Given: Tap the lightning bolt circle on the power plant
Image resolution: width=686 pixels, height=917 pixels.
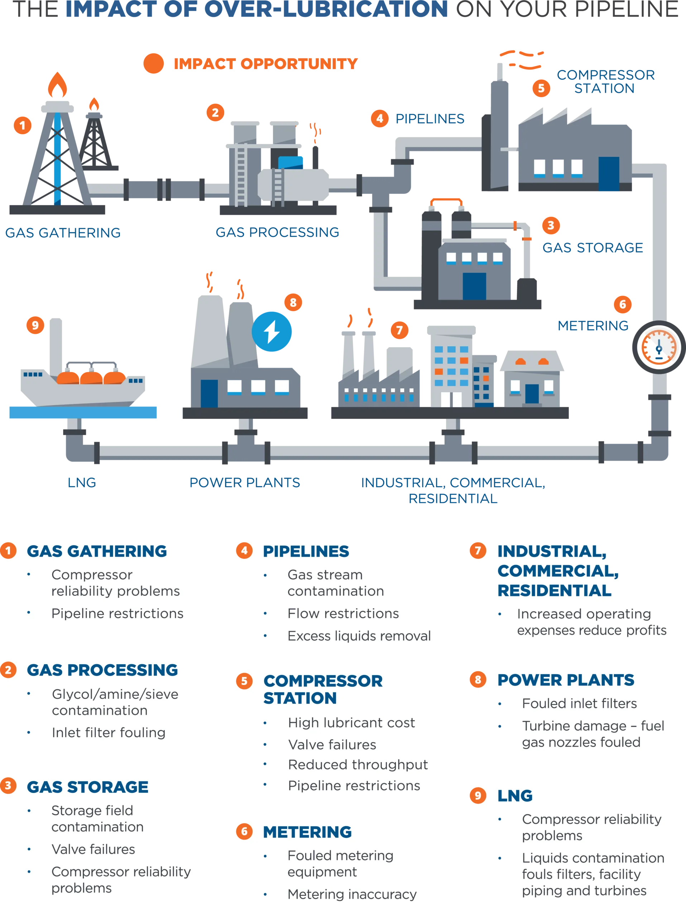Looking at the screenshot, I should point(272,331).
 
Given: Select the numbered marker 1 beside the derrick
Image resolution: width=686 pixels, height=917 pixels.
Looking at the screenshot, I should point(22,125).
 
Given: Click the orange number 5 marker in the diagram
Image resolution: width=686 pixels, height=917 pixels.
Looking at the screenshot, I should point(541,88).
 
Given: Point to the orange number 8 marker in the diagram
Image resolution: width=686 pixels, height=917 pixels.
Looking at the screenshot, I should point(293,302).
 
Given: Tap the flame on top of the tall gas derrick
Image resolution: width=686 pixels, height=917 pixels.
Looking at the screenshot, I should point(57,85).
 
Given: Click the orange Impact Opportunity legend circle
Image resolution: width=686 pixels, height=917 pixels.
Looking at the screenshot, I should point(154,63).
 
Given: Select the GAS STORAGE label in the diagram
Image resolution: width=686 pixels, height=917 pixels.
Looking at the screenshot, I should point(593,248).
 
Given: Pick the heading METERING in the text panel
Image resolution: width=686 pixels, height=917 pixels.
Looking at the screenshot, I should point(307,832).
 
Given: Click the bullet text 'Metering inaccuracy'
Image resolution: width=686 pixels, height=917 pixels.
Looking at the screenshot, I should point(352,894).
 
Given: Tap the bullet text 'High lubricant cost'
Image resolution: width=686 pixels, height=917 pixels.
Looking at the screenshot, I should point(351,722).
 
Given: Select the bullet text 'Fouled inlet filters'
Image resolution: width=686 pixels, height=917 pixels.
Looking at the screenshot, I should point(579,703).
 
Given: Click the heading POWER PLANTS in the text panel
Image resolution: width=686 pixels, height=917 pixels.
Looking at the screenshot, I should point(565,680).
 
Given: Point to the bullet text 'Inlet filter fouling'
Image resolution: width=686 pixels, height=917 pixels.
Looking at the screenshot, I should point(109,733).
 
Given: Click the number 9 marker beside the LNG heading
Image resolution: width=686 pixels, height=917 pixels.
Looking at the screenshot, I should point(478,796).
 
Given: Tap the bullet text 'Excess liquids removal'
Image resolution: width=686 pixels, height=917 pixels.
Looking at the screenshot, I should point(359,635).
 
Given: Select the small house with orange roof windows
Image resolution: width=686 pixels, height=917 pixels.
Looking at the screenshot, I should point(532,379).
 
